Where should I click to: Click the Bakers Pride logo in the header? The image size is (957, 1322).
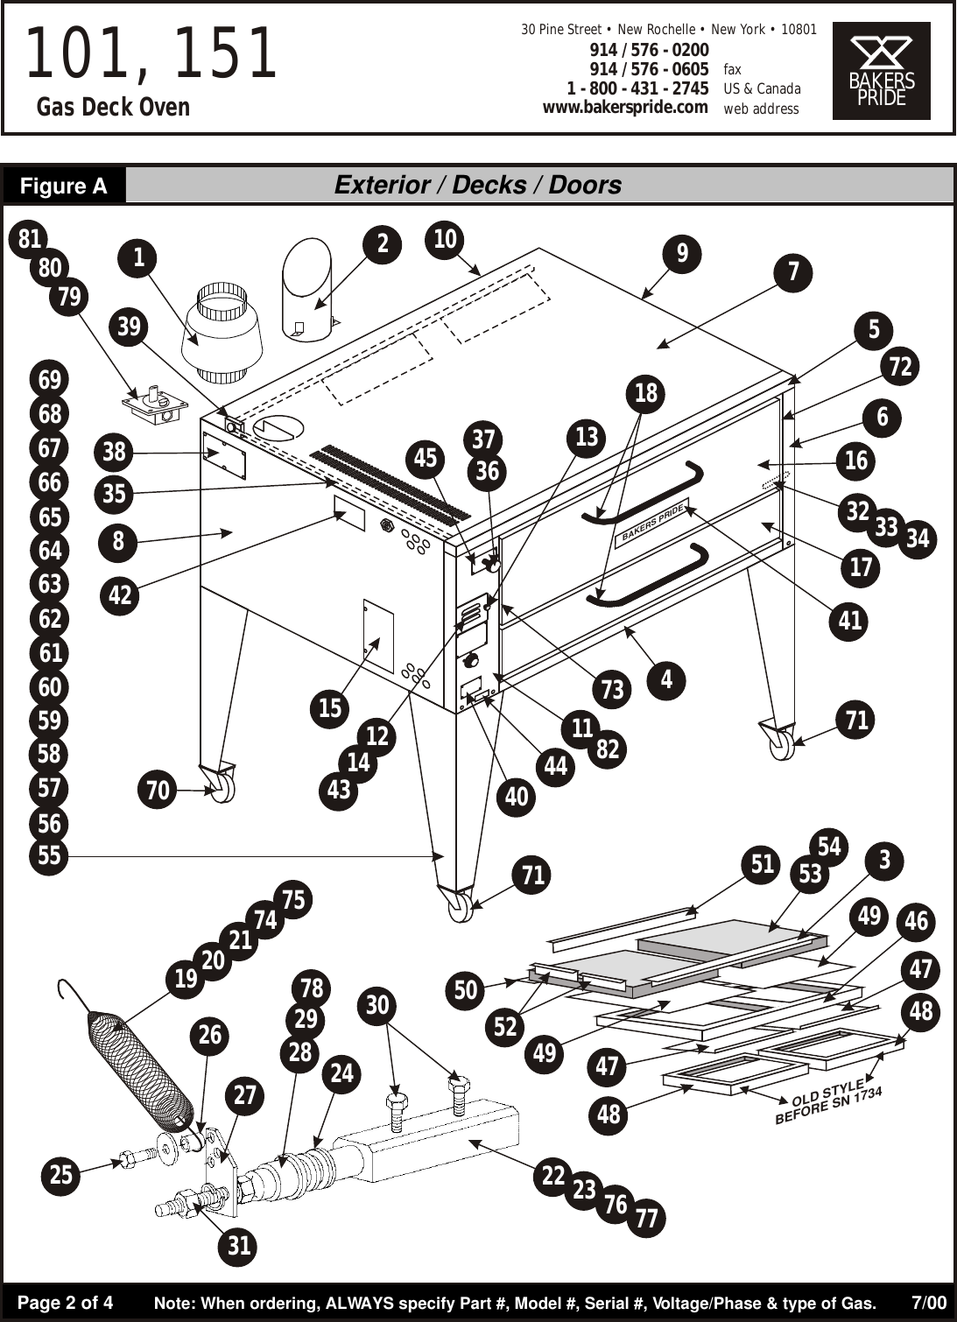[881, 71]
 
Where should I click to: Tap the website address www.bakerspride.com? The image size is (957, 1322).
[624, 108]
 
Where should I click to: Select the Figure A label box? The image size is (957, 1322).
[64, 186]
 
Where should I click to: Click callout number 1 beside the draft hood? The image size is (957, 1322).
[138, 257]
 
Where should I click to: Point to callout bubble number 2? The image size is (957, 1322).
[383, 243]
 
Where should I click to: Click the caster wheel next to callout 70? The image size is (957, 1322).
[222, 785]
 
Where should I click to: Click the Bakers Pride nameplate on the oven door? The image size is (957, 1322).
[652, 524]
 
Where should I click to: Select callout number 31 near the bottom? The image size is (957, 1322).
[239, 1245]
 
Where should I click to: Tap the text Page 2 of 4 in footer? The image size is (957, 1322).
[66, 1303]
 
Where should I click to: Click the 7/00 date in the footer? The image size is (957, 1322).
[928, 1303]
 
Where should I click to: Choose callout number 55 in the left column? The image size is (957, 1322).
[49, 855]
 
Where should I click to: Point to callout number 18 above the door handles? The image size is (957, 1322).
[645, 393]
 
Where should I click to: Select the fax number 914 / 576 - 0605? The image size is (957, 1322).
[649, 69]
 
